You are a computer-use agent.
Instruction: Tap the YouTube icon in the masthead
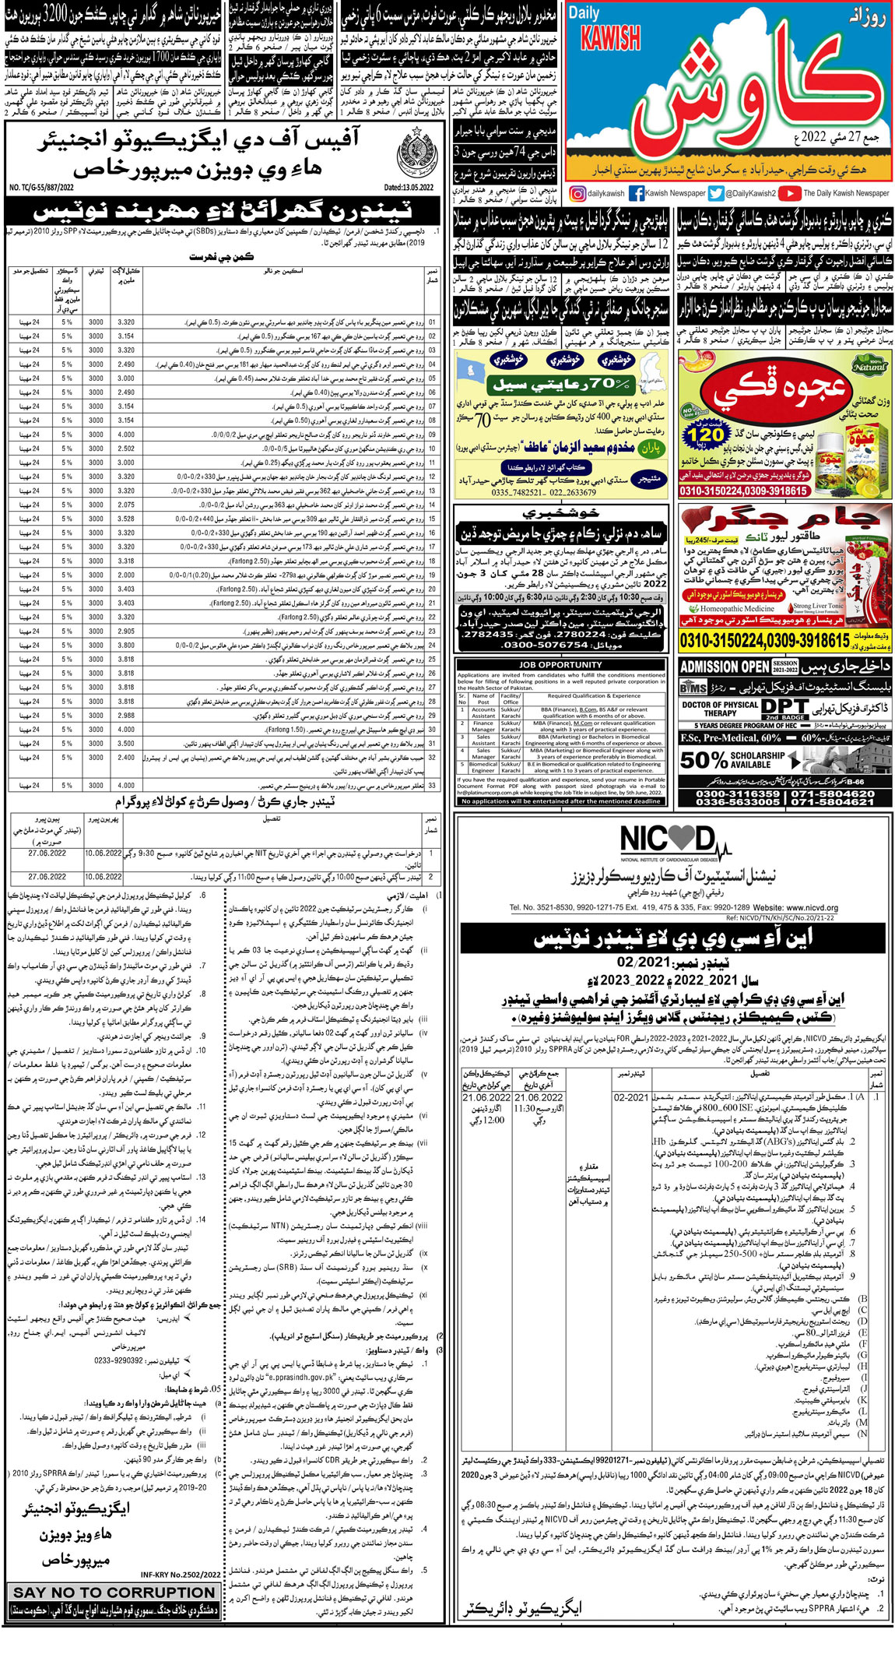(x=789, y=193)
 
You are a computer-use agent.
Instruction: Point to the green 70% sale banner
(x=560, y=385)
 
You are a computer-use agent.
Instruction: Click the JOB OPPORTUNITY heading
(x=560, y=664)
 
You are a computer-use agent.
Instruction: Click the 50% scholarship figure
(x=704, y=759)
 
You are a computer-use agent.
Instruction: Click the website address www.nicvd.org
(x=806, y=908)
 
